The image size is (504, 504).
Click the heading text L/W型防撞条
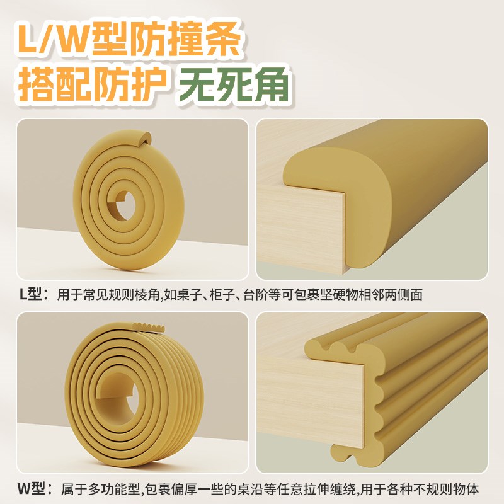[129, 41]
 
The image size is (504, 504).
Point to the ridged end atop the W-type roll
[151, 327]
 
